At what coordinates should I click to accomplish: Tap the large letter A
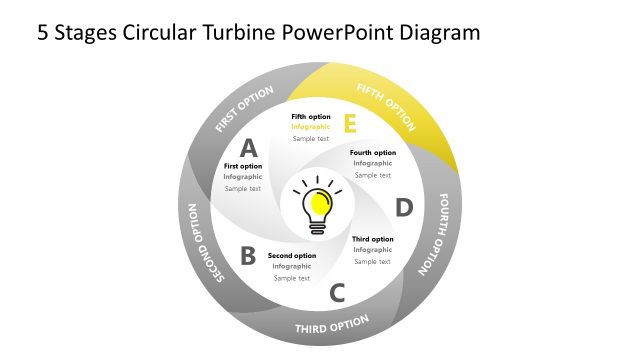click(249, 148)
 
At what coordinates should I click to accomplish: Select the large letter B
click(248, 256)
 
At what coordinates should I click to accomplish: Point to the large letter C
click(337, 293)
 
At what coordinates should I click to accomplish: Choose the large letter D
click(403, 207)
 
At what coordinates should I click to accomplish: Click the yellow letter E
click(349, 124)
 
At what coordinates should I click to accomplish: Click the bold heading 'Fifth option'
click(311, 117)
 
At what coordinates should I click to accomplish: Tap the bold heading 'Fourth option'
click(373, 153)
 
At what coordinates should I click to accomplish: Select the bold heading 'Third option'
click(373, 239)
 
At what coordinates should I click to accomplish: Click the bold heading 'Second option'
click(292, 255)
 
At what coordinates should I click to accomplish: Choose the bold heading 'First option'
click(243, 166)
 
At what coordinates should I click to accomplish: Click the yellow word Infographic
click(311, 127)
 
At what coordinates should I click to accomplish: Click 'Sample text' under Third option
click(373, 261)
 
